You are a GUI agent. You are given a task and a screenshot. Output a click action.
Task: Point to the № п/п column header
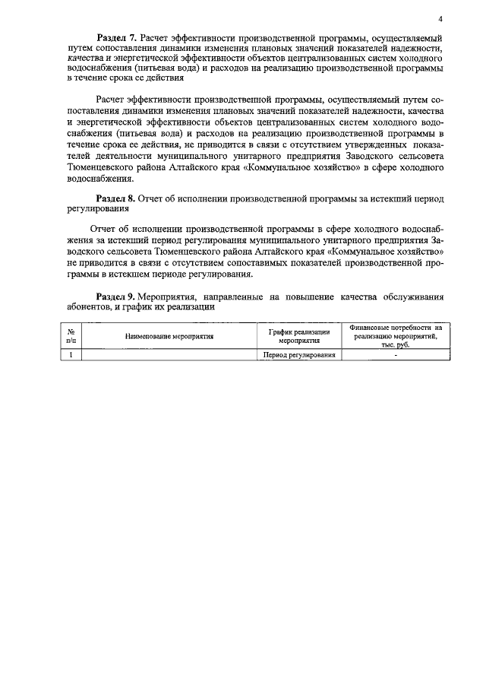71,334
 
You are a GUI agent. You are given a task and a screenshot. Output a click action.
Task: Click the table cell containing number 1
71,354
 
